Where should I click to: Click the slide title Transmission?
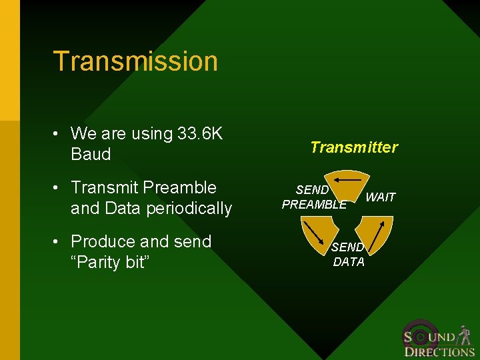point(135,61)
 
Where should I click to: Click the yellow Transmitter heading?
point(354,147)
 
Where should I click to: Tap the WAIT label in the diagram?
point(381,197)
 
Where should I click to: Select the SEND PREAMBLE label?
point(313,197)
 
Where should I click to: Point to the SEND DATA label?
point(349,255)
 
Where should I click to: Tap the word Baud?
point(91,155)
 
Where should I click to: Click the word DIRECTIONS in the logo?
point(439,352)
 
